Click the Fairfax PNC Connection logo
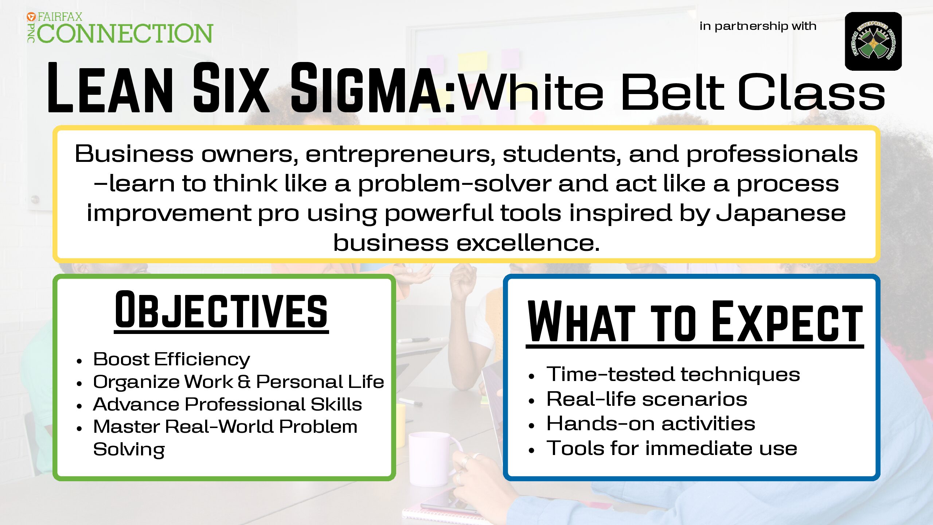(120, 28)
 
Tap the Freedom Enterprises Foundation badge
(873, 41)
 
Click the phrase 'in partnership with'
(758, 26)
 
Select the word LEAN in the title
(110, 88)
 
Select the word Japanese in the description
(781, 214)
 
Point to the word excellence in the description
(528, 242)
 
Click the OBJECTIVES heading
(221, 311)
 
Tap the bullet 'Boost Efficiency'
(172, 359)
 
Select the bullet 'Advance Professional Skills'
(227, 404)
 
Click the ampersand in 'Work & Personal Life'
(244, 382)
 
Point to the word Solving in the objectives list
(129, 450)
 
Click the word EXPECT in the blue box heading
(787, 322)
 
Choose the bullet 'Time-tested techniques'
(673, 374)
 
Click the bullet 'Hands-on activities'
(651, 423)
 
